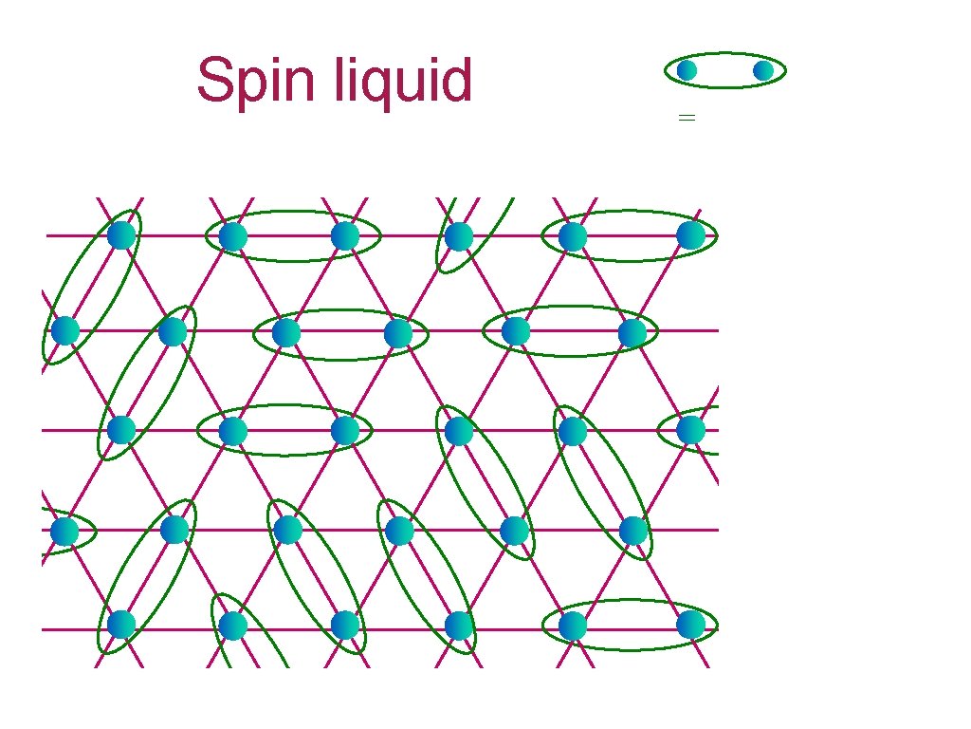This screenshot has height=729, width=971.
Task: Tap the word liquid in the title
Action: (403, 82)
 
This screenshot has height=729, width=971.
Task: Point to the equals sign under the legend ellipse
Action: (687, 118)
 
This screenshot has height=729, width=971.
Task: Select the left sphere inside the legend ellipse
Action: (687, 70)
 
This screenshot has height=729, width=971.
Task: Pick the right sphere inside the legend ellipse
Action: (763, 70)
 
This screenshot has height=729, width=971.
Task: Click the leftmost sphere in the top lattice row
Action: (121, 234)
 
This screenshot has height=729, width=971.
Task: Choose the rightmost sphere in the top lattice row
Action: (691, 234)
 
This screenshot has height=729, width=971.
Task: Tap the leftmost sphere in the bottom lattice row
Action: (121, 625)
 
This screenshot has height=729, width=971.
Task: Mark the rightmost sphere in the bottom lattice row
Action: (691, 625)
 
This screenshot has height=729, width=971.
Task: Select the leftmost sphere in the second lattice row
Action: (64, 330)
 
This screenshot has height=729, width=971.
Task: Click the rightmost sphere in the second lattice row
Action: (632, 332)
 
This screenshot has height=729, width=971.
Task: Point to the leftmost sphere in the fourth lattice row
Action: (64, 531)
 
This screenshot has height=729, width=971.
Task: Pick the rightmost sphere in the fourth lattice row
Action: (634, 531)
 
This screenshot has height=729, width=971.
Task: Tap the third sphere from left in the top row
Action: (345, 236)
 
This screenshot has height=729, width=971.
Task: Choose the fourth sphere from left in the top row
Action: (459, 236)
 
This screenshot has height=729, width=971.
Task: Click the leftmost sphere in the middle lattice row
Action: (121, 430)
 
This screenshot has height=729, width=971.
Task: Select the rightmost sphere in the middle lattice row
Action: (691, 430)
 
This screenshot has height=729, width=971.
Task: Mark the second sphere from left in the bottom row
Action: (233, 626)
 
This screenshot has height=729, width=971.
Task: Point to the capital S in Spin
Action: (216, 82)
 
